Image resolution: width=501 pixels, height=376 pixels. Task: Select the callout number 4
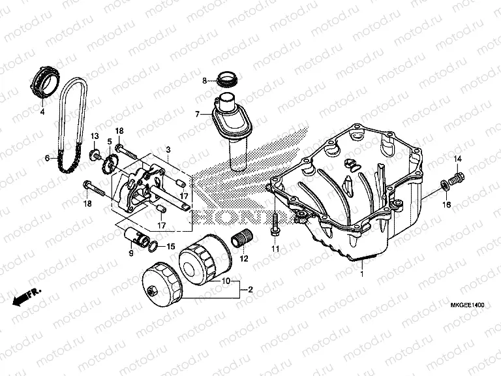pyautogui.click(x=43, y=112)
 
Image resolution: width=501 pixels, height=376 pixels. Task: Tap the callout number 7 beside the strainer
pyautogui.click(x=196, y=114)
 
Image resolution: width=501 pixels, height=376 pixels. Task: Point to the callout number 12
pyautogui.click(x=244, y=258)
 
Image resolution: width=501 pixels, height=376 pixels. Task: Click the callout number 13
pyautogui.click(x=94, y=136)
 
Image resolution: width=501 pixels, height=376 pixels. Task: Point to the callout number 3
pyautogui.click(x=168, y=149)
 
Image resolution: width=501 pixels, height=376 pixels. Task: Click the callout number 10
pyautogui.click(x=226, y=282)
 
